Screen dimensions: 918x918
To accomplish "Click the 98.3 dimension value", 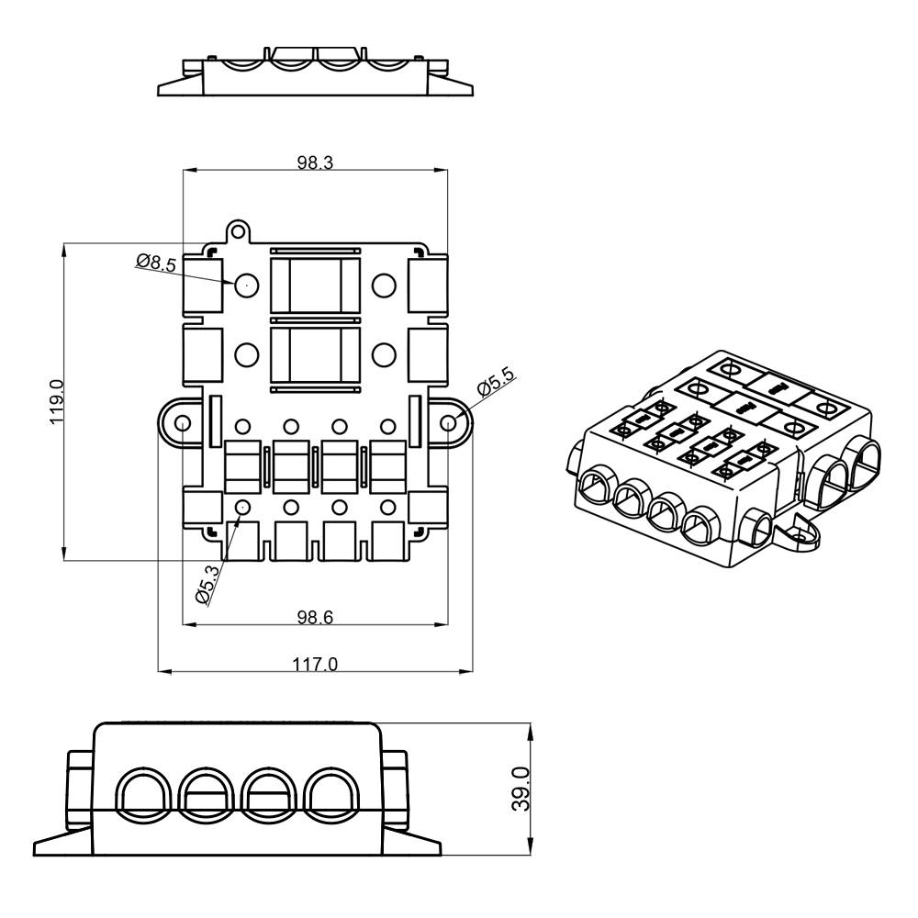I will (314, 162).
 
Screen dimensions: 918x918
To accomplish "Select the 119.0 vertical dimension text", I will (56, 401).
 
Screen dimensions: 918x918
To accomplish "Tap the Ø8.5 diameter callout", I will (155, 263).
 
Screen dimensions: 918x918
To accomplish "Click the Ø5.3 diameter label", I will (207, 585).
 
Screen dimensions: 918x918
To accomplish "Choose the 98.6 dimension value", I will (314, 617).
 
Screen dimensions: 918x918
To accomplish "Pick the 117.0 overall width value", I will (315, 664).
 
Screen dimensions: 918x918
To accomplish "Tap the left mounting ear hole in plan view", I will (182, 423).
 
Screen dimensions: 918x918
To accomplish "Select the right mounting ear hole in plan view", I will (449, 422).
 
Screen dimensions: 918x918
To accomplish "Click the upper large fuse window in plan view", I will (315, 285).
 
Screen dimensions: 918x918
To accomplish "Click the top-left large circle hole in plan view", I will (246, 285).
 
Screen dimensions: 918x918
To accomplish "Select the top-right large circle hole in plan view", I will (384, 285).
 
